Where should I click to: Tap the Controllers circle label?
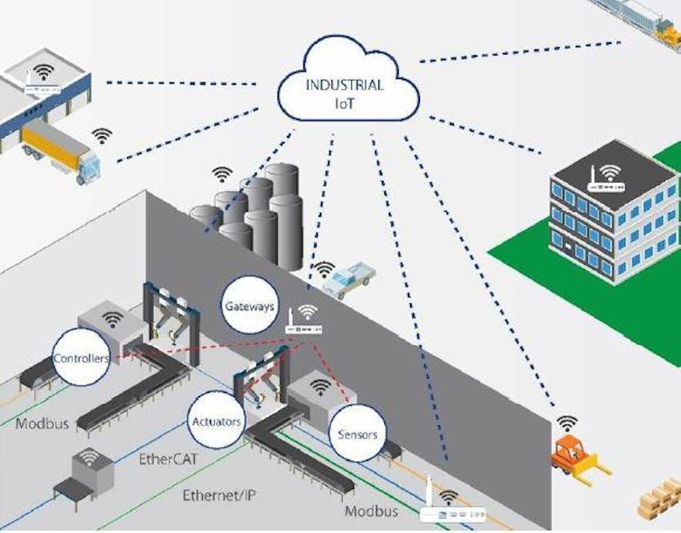80,357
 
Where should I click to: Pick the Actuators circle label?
216,420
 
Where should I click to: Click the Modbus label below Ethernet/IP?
372,511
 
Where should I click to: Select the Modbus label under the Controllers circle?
42,423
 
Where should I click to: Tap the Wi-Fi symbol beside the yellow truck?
101,136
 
